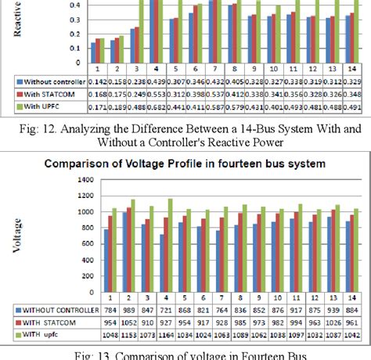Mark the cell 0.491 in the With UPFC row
[x=354, y=106]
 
